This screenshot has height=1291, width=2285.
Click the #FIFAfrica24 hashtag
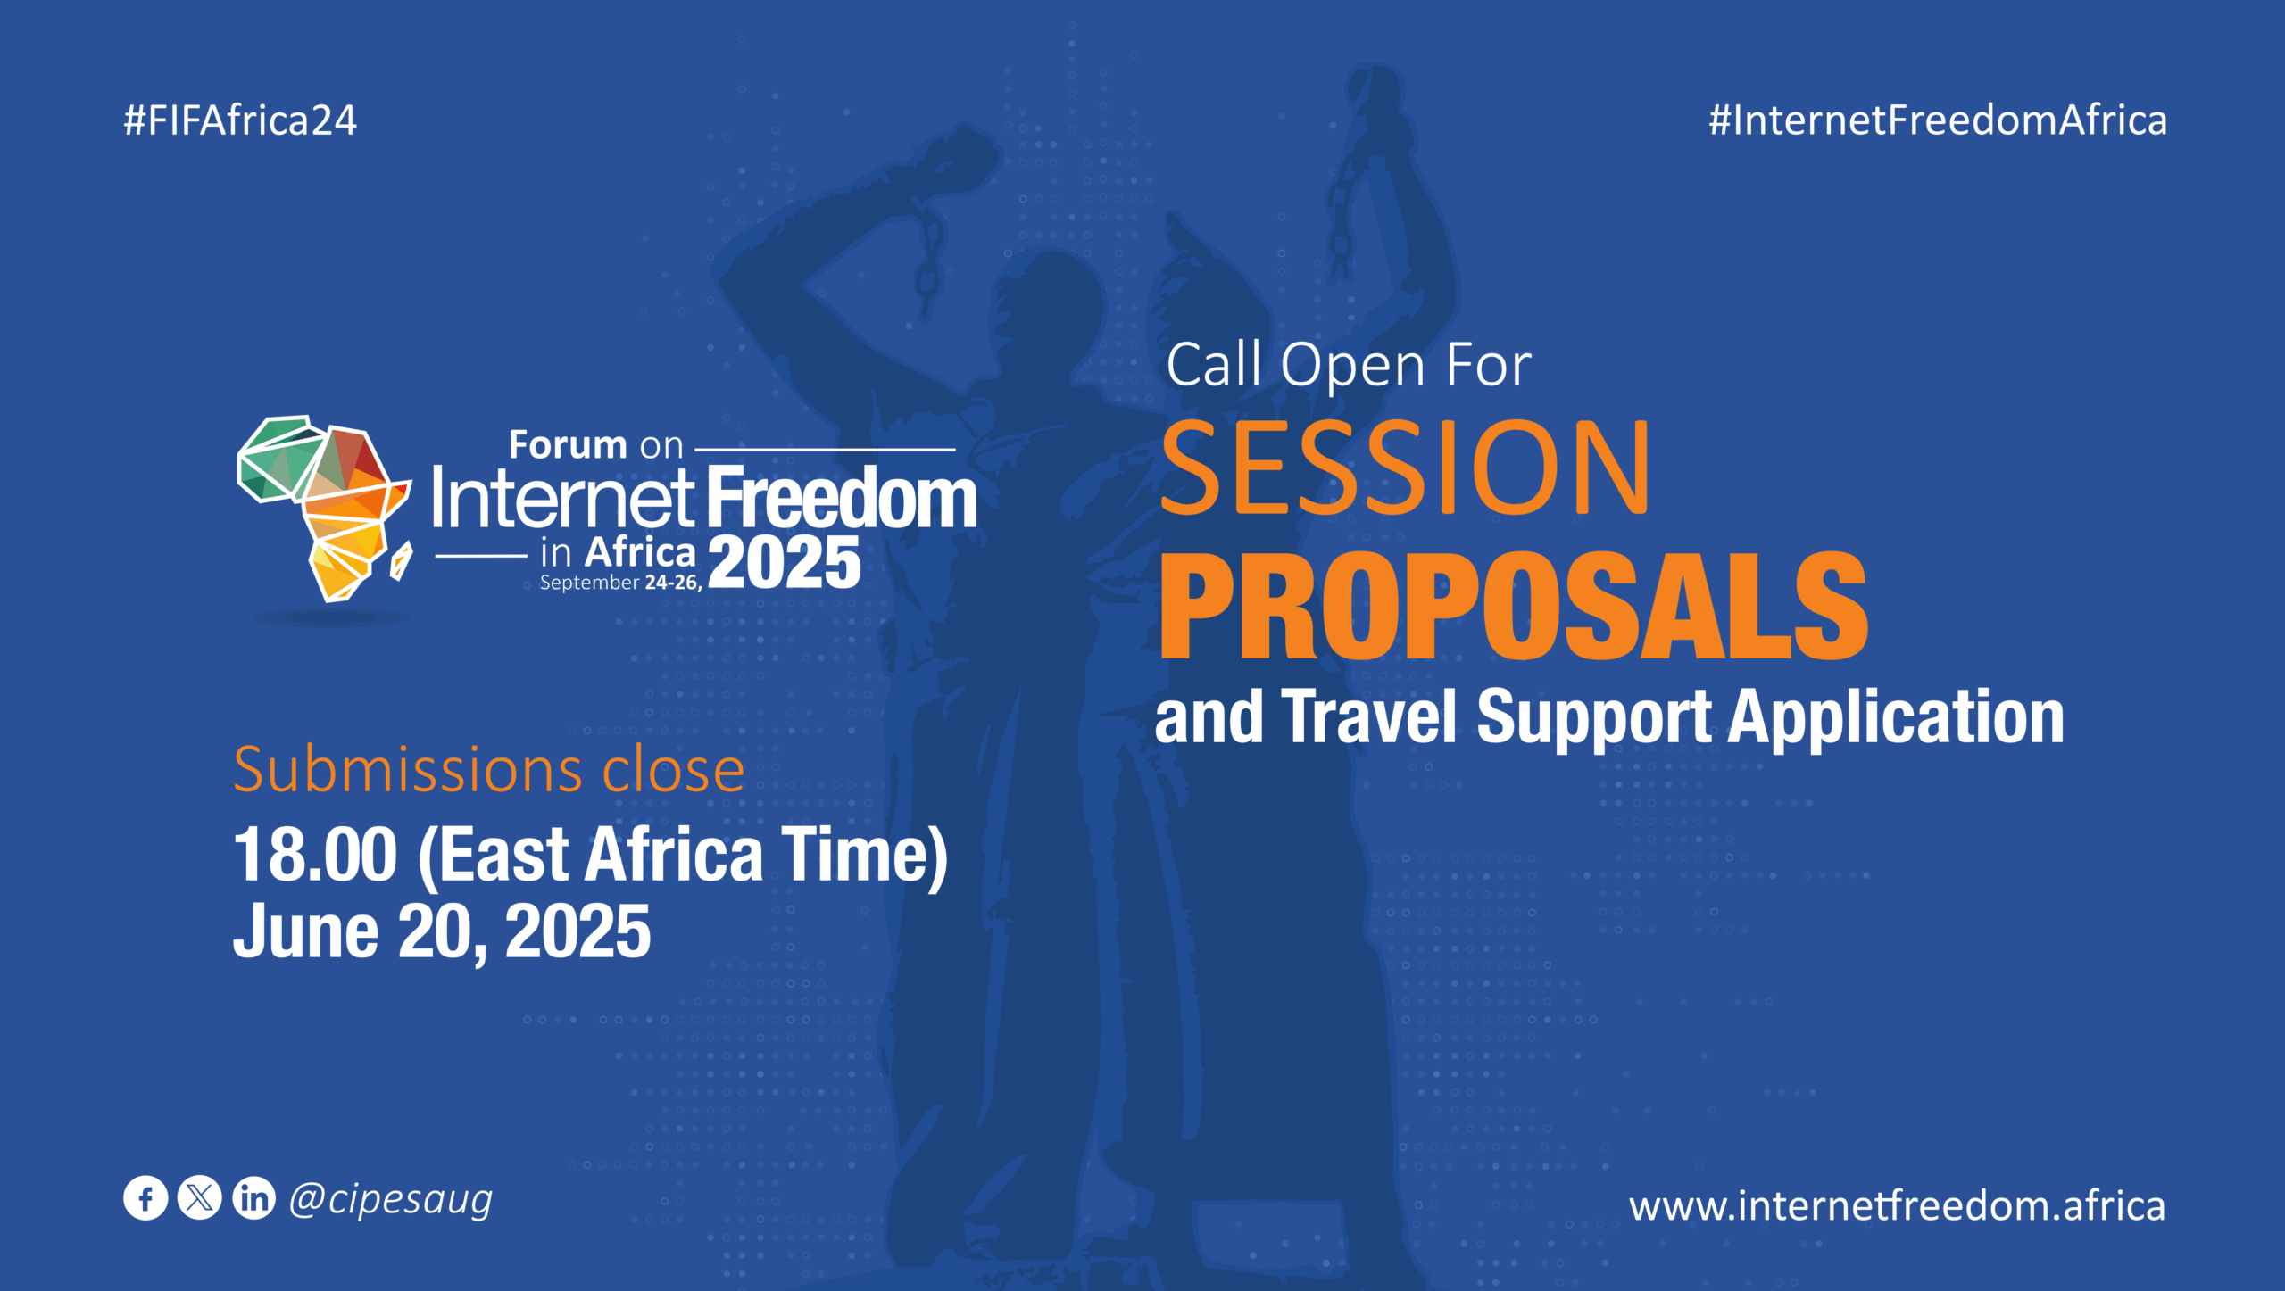point(240,120)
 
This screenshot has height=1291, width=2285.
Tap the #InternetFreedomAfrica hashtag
point(1937,120)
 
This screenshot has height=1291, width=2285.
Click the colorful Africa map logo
point(323,506)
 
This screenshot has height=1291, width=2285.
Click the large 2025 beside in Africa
point(785,563)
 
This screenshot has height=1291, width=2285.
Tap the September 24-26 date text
point(620,583)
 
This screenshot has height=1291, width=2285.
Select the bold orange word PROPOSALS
point(1512,607)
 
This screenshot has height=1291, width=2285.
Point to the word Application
point(1896,718)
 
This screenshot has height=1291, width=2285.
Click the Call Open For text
point(1348,365)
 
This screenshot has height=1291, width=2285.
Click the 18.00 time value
point(315,855)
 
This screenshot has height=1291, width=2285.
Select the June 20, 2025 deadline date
point(442,931)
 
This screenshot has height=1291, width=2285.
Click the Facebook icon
point(145,1198)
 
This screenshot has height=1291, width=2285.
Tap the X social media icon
point(200,1198)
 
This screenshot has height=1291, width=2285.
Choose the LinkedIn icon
point(254,1198)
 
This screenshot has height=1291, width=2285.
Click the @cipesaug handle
point(391,1200)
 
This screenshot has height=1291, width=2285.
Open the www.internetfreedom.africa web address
point(1897,1205)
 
